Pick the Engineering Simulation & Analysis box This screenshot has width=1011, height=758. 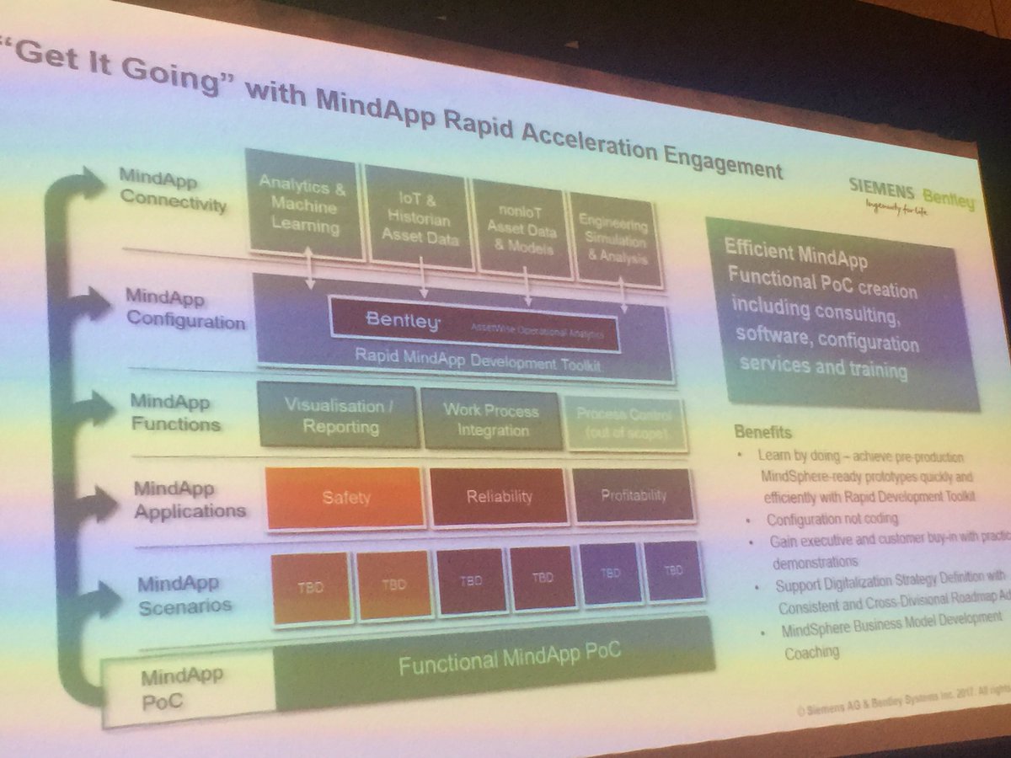click(613, 241)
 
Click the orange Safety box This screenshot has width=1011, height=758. click(345, 497)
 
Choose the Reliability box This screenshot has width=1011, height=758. click(500, 496)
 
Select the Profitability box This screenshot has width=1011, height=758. click(634, 495)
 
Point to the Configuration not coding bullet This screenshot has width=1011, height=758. click(831, 519)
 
